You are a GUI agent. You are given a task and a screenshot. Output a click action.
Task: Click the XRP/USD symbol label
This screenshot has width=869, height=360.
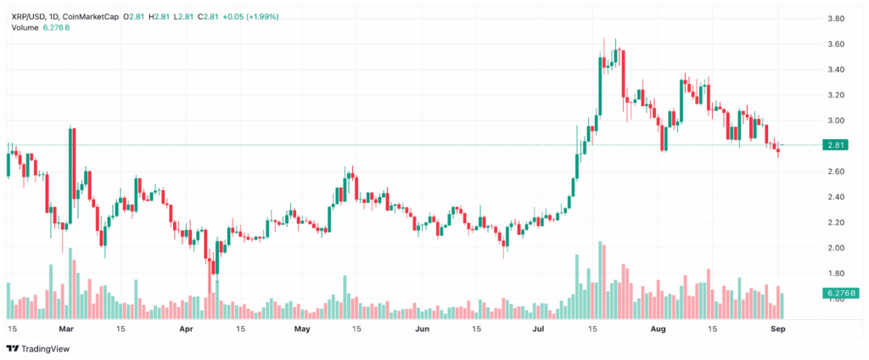tap(30, 16)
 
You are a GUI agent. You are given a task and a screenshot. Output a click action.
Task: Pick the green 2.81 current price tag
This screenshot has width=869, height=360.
tap(835, 145)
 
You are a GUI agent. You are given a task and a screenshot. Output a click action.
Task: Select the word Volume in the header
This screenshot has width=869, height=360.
tap(25, 27)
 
